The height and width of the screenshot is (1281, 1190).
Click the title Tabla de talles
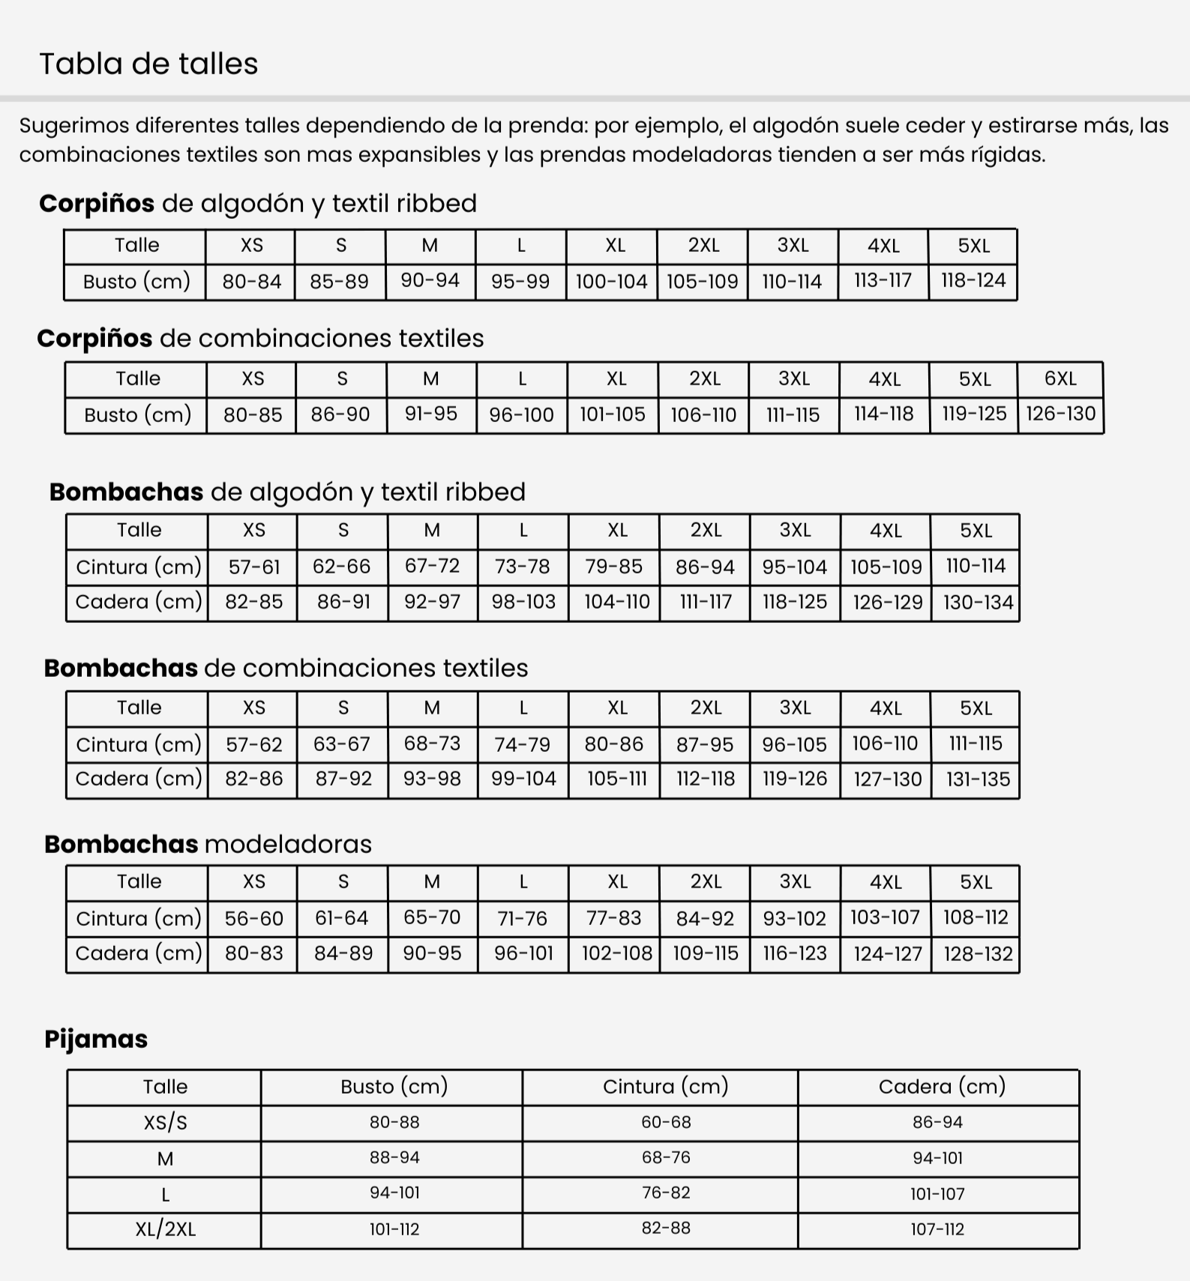(148, 64)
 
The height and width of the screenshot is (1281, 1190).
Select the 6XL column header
(1060, 379)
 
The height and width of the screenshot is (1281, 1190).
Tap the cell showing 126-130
(1060, 414)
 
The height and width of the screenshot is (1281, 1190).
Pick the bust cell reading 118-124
(973, 280)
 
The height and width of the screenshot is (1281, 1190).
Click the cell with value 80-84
(251, 282)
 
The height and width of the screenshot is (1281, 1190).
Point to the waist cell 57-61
(254, 567)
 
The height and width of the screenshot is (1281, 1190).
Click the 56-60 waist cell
(254, 918)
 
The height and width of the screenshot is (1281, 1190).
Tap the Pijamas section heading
(96, 1039)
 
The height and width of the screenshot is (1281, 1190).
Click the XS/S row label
(165, 1122)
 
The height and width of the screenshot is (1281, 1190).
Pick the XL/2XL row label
(165, 1229)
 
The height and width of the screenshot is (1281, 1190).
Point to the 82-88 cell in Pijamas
(665, 1228)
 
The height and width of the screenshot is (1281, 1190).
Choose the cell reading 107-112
(937, 1229)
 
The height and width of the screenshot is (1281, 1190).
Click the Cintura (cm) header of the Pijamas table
(665, 1086)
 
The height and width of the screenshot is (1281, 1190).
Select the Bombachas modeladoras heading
(208, 844)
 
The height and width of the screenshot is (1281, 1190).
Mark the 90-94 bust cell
(430, 280)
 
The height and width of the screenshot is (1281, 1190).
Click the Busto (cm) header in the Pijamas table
(394, 1086)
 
